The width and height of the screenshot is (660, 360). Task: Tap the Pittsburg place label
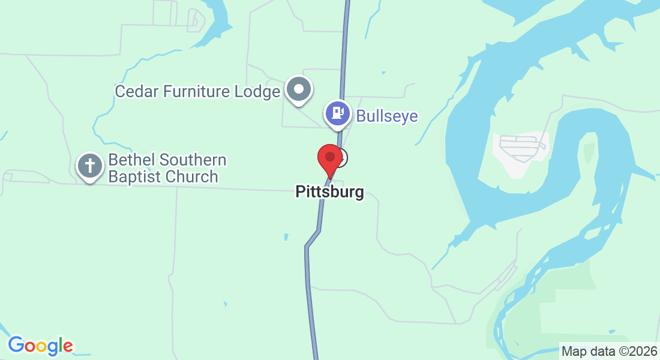click(329, 192)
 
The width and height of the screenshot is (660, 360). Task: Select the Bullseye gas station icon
click(338, 113)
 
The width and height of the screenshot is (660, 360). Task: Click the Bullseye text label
click(387, 116)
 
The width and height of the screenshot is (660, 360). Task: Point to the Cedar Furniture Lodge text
click(197, 92)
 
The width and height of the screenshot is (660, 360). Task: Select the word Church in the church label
click(191, 177)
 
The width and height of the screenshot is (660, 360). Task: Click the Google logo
click(40, 346)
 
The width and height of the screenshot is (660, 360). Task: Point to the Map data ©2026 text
click(608, 350)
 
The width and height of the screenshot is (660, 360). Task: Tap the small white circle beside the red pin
click(341, 158)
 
